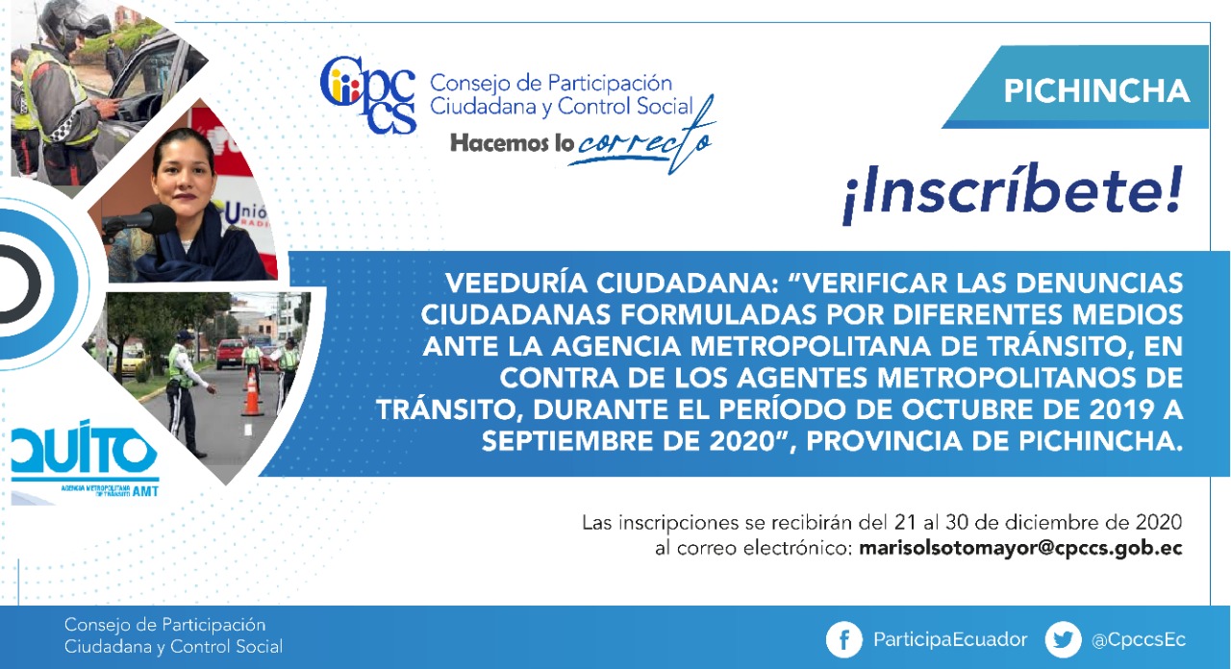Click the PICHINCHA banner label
pos(1096,90)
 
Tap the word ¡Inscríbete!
pos(1012,191)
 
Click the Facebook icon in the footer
pos(843,639)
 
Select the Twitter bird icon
pos(1063,639)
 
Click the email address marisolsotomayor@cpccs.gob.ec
pos(1020,549)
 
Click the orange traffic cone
pos(252,393)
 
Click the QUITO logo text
pos(84,452)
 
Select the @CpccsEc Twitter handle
pos(1138,640)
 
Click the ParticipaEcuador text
pos(950,640)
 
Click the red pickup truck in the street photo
pos(230,354)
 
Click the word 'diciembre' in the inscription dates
pos(1048,522)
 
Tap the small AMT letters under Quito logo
pos(145,491)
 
